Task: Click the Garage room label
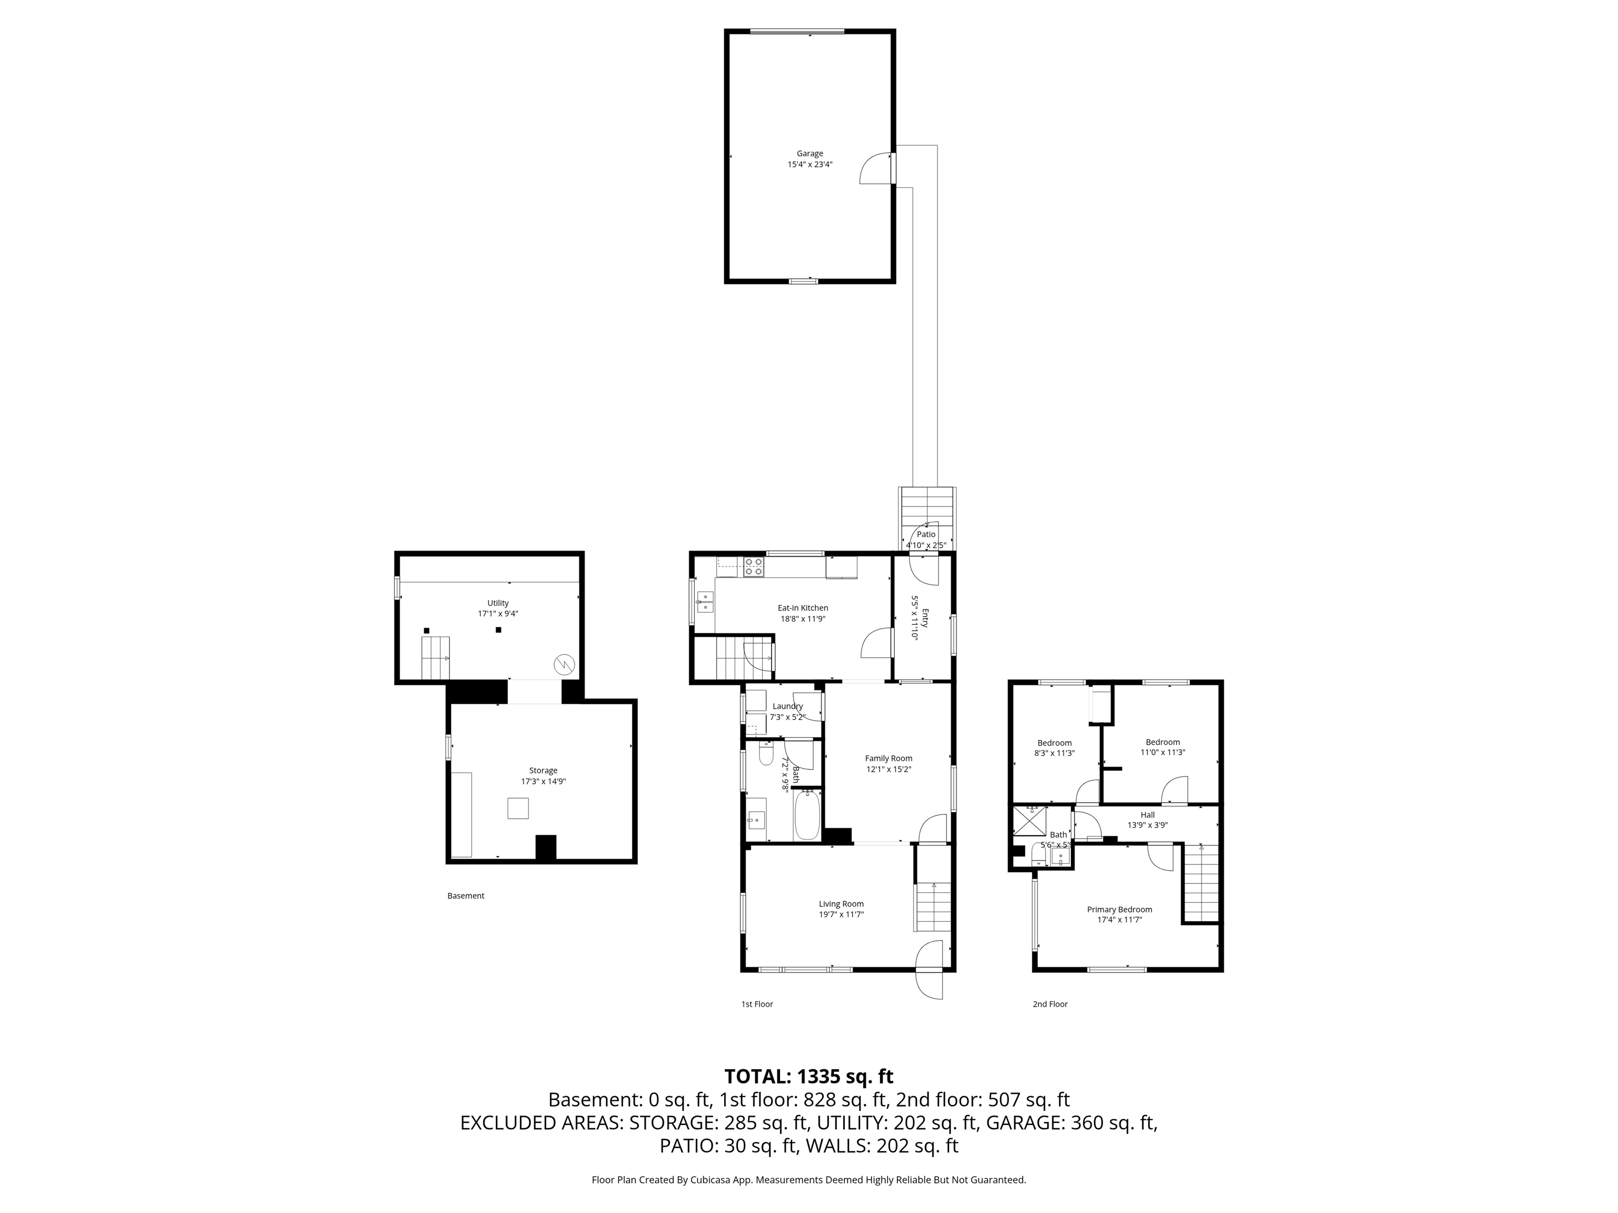click(x=810, y=154)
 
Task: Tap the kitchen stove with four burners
click(x=753, y=568)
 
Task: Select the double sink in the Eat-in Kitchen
click(x=706, y=602)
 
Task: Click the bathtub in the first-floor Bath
click(x=807, y=814)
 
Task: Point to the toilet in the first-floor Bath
click(x=766, y=753)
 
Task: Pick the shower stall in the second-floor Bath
click(x=1030, y=821)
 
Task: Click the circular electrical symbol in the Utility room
click(x=564, y=664)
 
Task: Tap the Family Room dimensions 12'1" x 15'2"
click(x=889, y=769)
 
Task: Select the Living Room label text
click(x=841, y=904)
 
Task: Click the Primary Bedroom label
click(x=1119, y=910)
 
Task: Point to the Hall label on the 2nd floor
click(x=1148, y=814)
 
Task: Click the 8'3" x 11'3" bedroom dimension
click(x=1054, y=752)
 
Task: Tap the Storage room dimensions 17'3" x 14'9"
click(x=544, y=781)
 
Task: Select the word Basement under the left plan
click(x=466, y=896)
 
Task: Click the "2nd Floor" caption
click(x=1050, y=1004)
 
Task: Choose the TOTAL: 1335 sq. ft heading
click(x=809, y=1076)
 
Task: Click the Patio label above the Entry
click(x=926, y=534)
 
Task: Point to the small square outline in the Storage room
click(x=518, y=808)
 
